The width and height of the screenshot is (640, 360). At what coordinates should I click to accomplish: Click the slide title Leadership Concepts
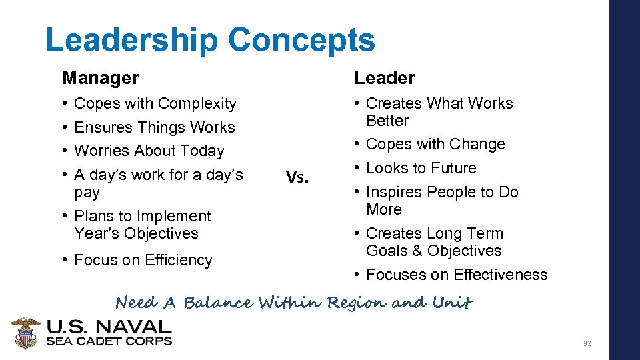[x=210, y=40]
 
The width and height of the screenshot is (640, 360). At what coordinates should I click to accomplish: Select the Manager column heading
[x=101, y=78]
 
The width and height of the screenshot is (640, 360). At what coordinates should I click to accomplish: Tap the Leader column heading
[x=384, y=78]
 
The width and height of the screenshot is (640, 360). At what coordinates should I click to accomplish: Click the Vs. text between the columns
[x=297, y=177]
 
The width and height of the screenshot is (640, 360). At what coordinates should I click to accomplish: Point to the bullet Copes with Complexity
[x=155, y=103]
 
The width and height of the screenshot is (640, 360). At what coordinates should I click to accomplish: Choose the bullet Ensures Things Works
[x=155, y=127]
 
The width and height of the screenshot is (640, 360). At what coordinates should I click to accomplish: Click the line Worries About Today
[x=149, y=151]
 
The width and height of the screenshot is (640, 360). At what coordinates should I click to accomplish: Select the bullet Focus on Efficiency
[x=143, y=260]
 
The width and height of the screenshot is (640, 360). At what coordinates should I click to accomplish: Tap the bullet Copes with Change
[x=435, y=144]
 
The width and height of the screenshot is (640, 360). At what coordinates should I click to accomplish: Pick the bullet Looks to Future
[x=421, y=168]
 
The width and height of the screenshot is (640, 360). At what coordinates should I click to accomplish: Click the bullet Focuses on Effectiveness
[x=457, y=275]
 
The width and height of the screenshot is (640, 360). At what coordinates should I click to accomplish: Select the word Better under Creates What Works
[x=387, y=121]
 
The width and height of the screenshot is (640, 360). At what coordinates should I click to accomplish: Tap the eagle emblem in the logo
[x=26, y=333]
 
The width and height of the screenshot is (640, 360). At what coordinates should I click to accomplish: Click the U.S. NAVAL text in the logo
[x=109, y=327]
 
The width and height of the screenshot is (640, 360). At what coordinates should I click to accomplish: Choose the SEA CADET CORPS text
[x=109, y=341]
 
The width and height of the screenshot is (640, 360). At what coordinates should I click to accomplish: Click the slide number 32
[x=587, y=343]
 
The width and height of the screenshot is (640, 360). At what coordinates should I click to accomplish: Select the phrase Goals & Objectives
[x=433, y=251]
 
